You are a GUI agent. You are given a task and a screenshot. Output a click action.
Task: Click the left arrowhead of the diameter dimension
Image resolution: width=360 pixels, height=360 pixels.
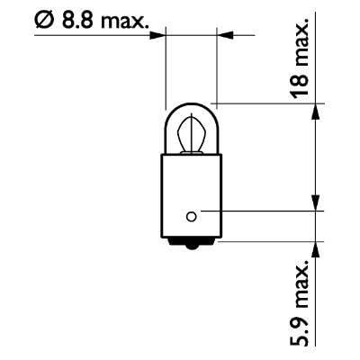click(x=160, y=36)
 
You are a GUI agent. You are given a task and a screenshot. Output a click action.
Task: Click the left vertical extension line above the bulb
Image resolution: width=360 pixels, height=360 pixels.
click(x=166, y=67)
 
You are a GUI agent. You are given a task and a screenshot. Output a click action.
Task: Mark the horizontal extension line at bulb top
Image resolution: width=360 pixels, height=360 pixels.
click(x=261, y=102)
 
